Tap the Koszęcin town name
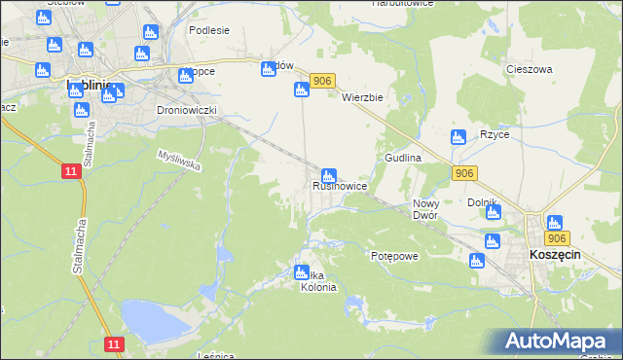(556, 253)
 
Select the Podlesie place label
(209, 30)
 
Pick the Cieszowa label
(530, 69)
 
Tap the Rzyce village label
(495, 134)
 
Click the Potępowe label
(394, 255)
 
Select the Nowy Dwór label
(425, 209)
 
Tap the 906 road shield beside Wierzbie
(324, 82)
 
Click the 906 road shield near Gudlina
(464, 172)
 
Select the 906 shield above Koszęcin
(557, 238)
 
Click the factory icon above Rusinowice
(330, 176)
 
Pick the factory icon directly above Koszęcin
(554, 223)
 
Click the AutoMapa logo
(557, 342)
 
